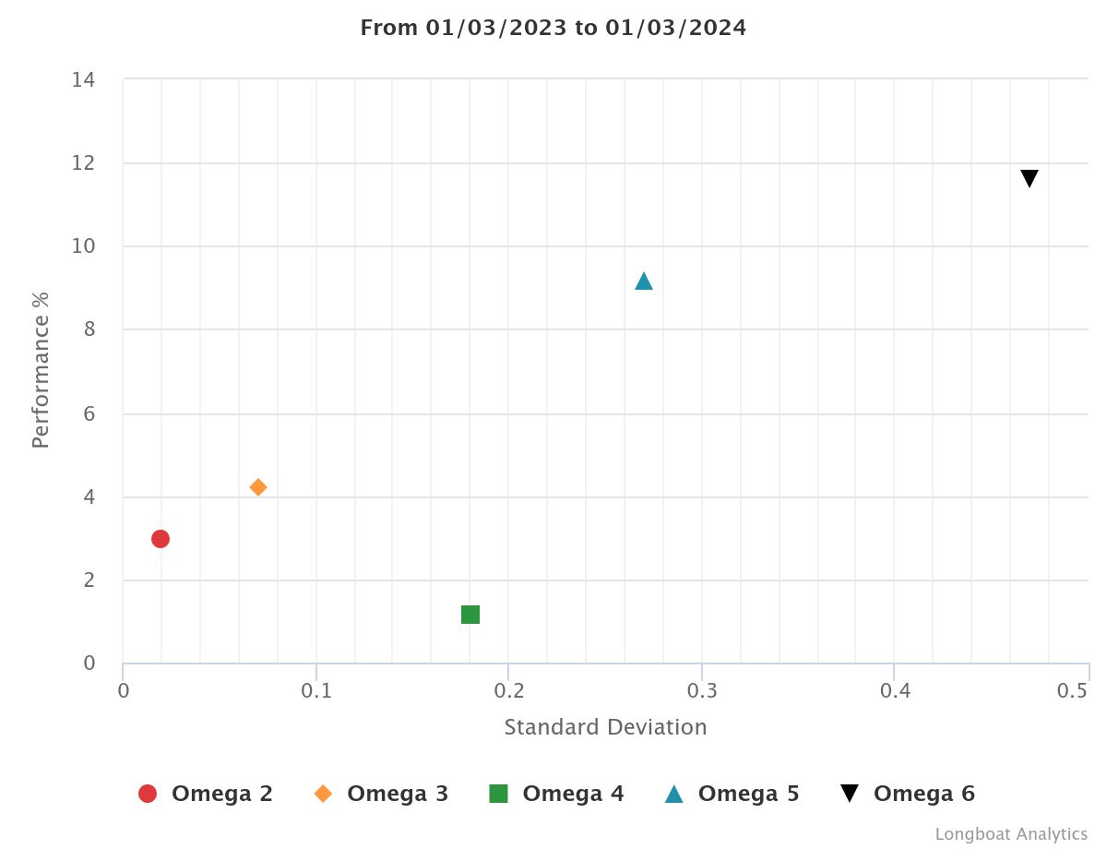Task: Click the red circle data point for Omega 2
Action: pyautogui.click(x=161, y=539)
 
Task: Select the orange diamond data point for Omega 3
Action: pyautogui.click(x=258, y=487)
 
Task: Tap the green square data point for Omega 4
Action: pyautogui.click(x=470, y=615)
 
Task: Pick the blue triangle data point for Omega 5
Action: pyautogui.click(x=644, y=281)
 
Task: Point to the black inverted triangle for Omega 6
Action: pyautogui.click(x=1030, y=179)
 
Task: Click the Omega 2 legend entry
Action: pyautogui.click(x=205, y=794)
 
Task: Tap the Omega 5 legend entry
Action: pyautogui.click(x=732, y=794)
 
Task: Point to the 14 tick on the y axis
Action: pyautogui.click(x=83, y=79)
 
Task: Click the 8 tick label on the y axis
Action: pyautogui.click(x=89, y=330)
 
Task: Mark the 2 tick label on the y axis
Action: pyautogui.click(x=89, y=580)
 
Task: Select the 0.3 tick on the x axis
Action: pyautogui.click(x=702, y=690)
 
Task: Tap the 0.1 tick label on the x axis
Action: pyautogui.click(x=316, y=690)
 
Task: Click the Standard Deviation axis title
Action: pyautogui.click(x=605, y=727)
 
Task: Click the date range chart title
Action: pyautogui.click(x=553, y=28)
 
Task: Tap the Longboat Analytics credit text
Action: pyautogui.click(x=1011, y=834)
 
